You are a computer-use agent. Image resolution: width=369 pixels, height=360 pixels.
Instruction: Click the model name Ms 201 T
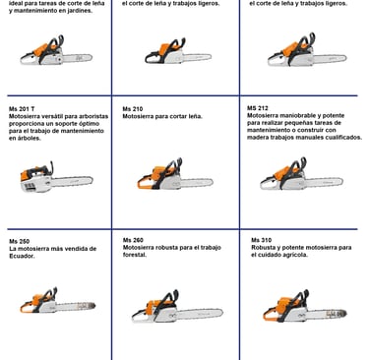pos(22,109)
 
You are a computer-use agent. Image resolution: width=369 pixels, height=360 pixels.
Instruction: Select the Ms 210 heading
pos(133,109)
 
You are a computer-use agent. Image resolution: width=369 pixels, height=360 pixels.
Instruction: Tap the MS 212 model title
pos(258,108)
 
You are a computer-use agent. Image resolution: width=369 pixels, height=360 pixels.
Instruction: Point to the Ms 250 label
pos(20,241)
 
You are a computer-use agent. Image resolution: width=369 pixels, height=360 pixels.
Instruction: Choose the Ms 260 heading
pos(133,240)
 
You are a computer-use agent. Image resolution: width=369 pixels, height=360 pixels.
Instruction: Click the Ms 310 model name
pos(262,240)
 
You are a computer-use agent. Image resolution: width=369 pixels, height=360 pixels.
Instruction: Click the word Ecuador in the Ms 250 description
pos(22,256)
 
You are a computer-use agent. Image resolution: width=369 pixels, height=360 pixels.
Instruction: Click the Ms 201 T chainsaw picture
pos(56,177)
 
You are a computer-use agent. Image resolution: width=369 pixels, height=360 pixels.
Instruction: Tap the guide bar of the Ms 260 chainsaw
pos(200,314)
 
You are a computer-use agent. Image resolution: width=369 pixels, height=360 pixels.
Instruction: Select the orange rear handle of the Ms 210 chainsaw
pos(145,184)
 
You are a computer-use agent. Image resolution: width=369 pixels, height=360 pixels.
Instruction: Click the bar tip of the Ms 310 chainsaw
pos(344,314)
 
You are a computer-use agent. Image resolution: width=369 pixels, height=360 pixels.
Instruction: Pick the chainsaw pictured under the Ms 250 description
pos(58,300)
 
